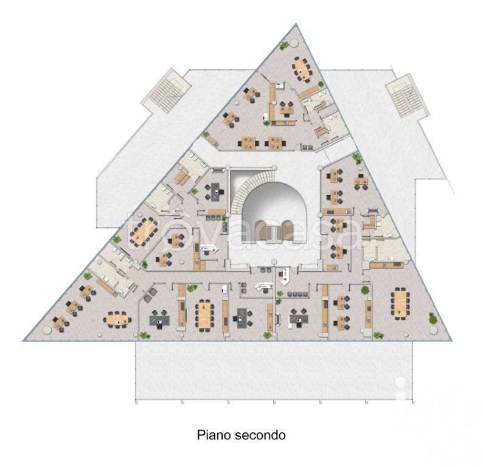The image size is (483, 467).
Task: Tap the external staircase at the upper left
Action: tap(166, 90)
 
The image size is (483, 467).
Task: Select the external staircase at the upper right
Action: tap(407, 95)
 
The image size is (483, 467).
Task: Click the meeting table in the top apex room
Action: tap(302, 69)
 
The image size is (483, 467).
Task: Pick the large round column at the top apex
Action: tap(294, 42)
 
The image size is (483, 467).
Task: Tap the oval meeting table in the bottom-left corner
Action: tap(117, 320)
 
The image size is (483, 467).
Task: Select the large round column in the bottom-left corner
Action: tap(47, 330)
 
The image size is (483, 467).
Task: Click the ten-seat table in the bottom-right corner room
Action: tap(400, 304)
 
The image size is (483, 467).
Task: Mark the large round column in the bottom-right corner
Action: tap(433, 330)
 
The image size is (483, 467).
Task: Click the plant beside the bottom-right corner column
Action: tap(433, 317)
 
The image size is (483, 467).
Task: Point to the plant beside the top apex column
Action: tap(283, 46)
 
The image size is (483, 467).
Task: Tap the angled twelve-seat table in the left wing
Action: tap(143, 232)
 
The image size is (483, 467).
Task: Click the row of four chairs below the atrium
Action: tap(298, 294)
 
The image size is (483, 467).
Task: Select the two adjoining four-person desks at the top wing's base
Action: tap(262, 143)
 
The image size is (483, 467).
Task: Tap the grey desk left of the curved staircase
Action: tap(215, 192)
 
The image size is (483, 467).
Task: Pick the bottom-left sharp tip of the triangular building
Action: tap(23, 341)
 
